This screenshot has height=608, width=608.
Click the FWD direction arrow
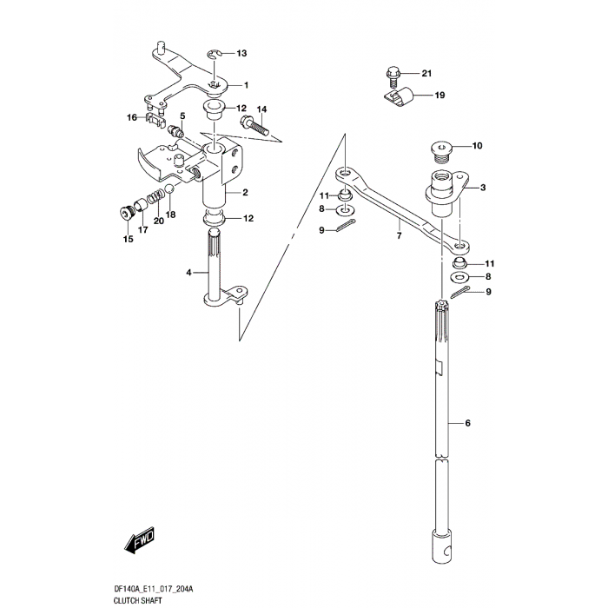[139, 545]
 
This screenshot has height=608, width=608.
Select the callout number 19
[439, 95]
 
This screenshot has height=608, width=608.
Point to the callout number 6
[467, 423]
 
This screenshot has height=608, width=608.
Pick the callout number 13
[241, 54]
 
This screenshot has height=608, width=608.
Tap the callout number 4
[188, 273]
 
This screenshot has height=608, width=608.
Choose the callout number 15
[128, 240]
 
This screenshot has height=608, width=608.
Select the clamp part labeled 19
[400, 98]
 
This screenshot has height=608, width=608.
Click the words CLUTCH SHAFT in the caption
[138, 598]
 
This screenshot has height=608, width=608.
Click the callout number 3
[483, 187]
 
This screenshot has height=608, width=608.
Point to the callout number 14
[262, 109]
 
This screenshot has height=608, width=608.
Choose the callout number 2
[246, 192]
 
